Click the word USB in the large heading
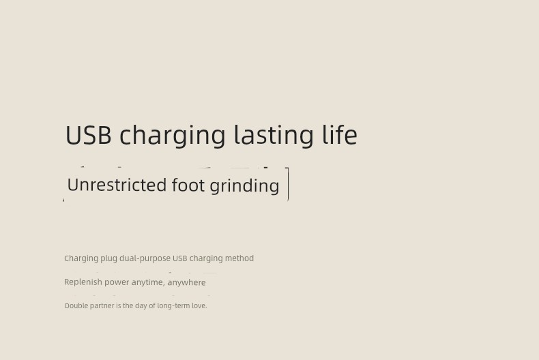[88, 135]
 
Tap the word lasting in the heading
[274, 136]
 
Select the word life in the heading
[340, 134]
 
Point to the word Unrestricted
[117, 185]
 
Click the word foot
[188, 185]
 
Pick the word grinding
[244, 186]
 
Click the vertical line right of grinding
[288, 184]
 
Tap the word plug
[108, 258]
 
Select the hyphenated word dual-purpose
[145, 258]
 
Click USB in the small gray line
[180, 258]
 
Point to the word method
[239, 258]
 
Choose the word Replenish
[83, 282]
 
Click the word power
[117, 283]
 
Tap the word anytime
[148, 283]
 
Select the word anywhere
[187, 283]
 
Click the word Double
[76, 305]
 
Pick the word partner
[102, 306]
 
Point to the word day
[141, 306]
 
